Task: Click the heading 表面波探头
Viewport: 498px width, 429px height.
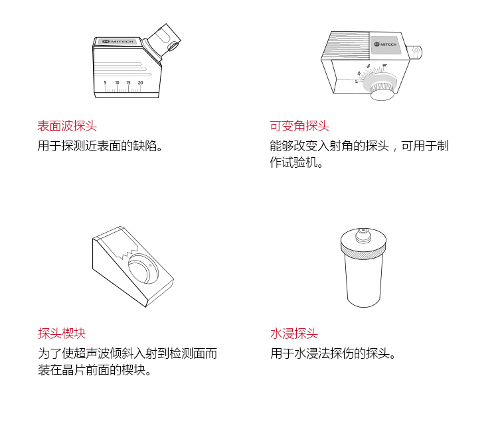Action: tap(67, 126)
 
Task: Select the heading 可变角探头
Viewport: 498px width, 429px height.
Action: tap(299, 126)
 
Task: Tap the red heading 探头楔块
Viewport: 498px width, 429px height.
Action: tap(62, 334)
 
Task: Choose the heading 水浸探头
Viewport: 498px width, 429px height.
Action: tap(294, 334)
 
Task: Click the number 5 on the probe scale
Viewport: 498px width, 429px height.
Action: tap(105, 83)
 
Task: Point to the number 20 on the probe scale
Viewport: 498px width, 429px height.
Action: tap(140, 83)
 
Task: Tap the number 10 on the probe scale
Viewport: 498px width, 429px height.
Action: tap(117, 83)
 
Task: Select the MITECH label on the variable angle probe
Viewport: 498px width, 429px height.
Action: tap(384, 44)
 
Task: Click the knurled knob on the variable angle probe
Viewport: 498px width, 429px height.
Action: tap(382, 90)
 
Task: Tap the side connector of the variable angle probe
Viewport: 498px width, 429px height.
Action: tap(414, 52)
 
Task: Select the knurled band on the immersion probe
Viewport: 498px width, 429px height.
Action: tap(363, 247)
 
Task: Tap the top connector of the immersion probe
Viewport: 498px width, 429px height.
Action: tap(363, 235)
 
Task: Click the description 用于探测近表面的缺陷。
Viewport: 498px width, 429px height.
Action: tap(100, 146)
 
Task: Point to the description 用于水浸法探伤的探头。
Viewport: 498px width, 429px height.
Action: tap(333, 353)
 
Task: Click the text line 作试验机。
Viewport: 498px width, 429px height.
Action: tap(296, 162)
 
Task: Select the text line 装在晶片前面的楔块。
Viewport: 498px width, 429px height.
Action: tap(95, 370)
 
